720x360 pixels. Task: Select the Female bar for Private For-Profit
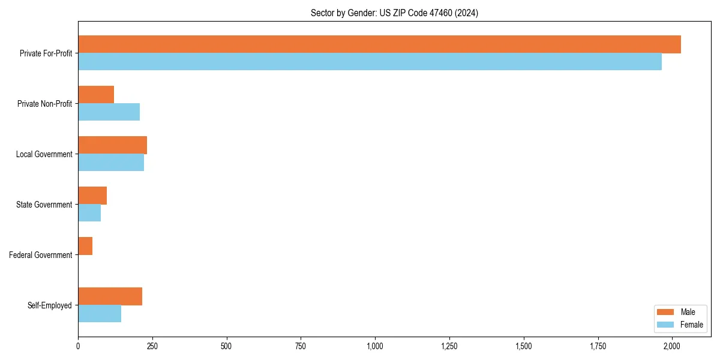tap(370, 62)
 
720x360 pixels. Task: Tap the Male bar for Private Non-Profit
tap(96, 95)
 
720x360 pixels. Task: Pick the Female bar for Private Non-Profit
tap(109, 112)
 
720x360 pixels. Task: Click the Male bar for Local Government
tap(112, 145)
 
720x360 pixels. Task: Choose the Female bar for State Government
tap(89, 213)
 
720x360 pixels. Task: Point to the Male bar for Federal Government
tap(85, 246)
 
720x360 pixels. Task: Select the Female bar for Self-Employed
tap(100, 314)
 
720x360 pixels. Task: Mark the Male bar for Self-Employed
tap(110, 296)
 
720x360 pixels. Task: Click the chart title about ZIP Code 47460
tap(394, 13)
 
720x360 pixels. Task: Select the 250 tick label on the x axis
tap(152, 346)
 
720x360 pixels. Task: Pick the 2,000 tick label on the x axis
tap(672, 346)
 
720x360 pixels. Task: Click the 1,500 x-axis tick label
tap(523, 346)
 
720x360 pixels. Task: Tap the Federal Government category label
tap(41, 255)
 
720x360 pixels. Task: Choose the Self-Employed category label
tap(50, 305)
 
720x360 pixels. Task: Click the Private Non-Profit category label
tap(44, 104)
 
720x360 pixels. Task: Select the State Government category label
tap(44, 205)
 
